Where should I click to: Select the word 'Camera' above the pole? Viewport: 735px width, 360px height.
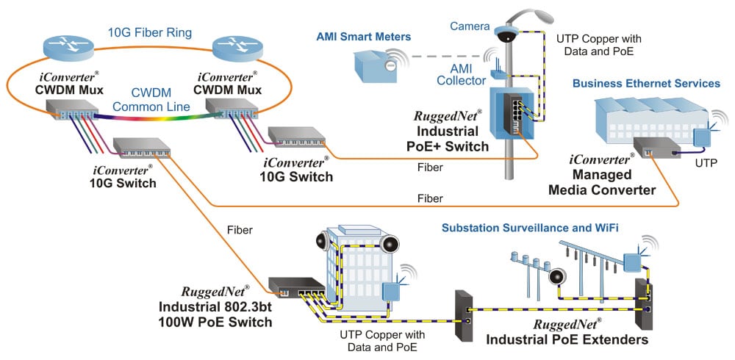[x=471, y=26]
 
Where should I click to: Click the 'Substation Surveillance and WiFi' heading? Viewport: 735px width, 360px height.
[x=530, y=228]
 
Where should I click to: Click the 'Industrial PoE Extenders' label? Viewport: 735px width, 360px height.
[x=566, y=339]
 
